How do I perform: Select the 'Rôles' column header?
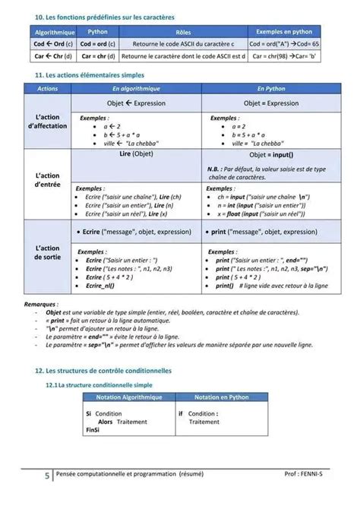pos(183,33)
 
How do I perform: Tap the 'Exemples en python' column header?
pos(284,33)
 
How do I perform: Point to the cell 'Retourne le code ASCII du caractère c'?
pos(183,45)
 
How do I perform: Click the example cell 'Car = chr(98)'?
pos(284,56)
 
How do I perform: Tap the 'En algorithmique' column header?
pos(136,90)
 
